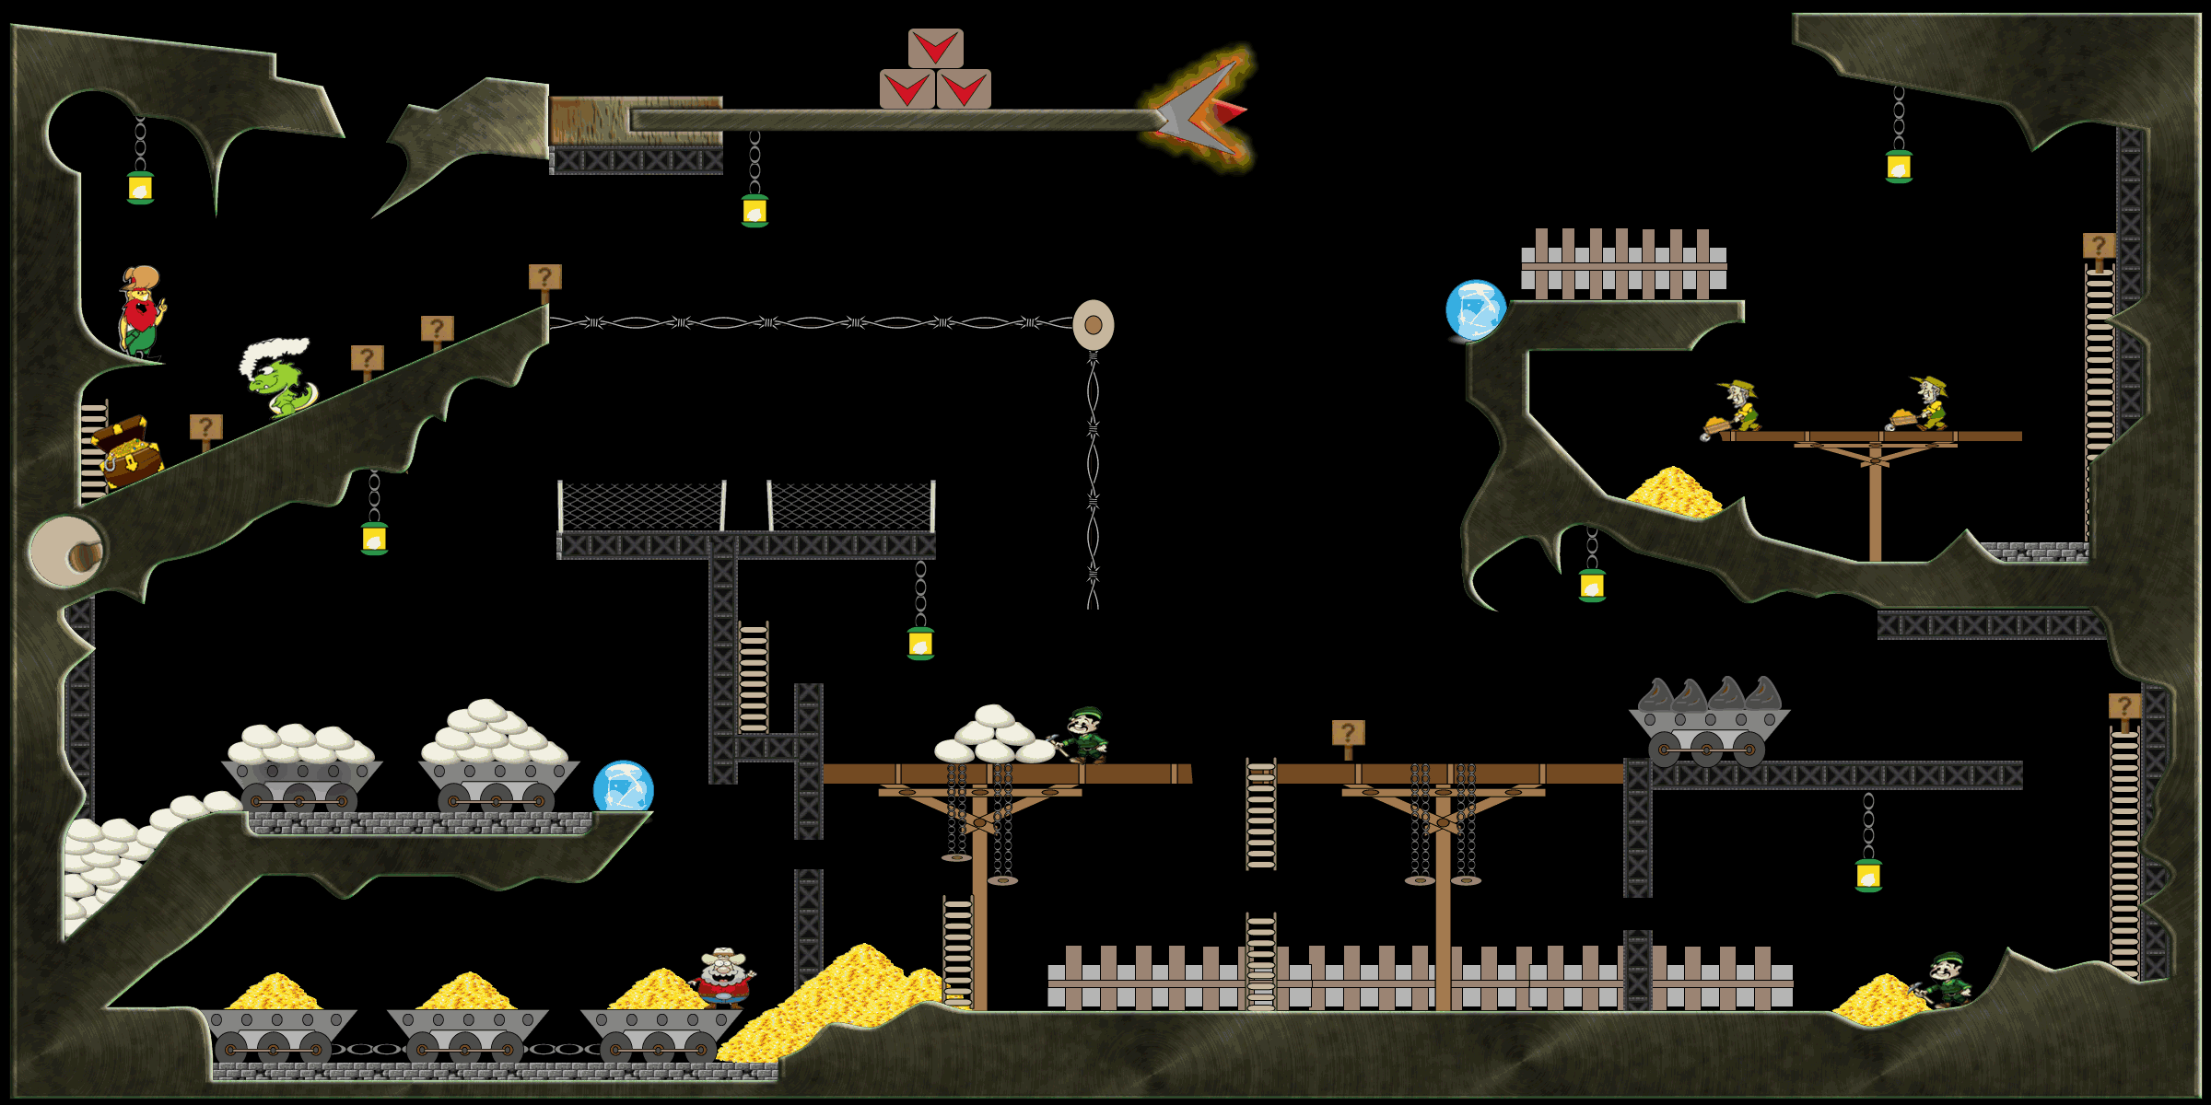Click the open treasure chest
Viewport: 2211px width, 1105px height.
[x=127, y=451]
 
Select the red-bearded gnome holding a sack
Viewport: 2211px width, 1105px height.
[x=141, y=311]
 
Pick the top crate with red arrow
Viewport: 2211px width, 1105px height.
[x=935, y=48]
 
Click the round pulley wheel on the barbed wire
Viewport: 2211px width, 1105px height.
[x=1094, y=324]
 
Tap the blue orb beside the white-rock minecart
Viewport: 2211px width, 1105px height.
[x=623, y=788]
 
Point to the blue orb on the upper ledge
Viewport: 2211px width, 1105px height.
[x=1476, y=310]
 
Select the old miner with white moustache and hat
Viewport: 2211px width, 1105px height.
[x=724, y=978]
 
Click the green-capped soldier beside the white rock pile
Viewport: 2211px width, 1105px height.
[x=1084, y=734]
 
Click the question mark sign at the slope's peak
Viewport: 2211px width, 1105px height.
[x=544, y=278]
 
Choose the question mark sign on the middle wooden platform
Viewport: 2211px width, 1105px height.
[x=1348, y=734]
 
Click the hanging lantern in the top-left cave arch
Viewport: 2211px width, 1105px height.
[x=140, y=187]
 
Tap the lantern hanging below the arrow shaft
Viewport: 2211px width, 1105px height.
[x=755, y=211]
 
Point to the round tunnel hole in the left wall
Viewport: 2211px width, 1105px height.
[x=68, y=551]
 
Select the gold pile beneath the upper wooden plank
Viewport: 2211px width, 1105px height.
[x=1672, y=492]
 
